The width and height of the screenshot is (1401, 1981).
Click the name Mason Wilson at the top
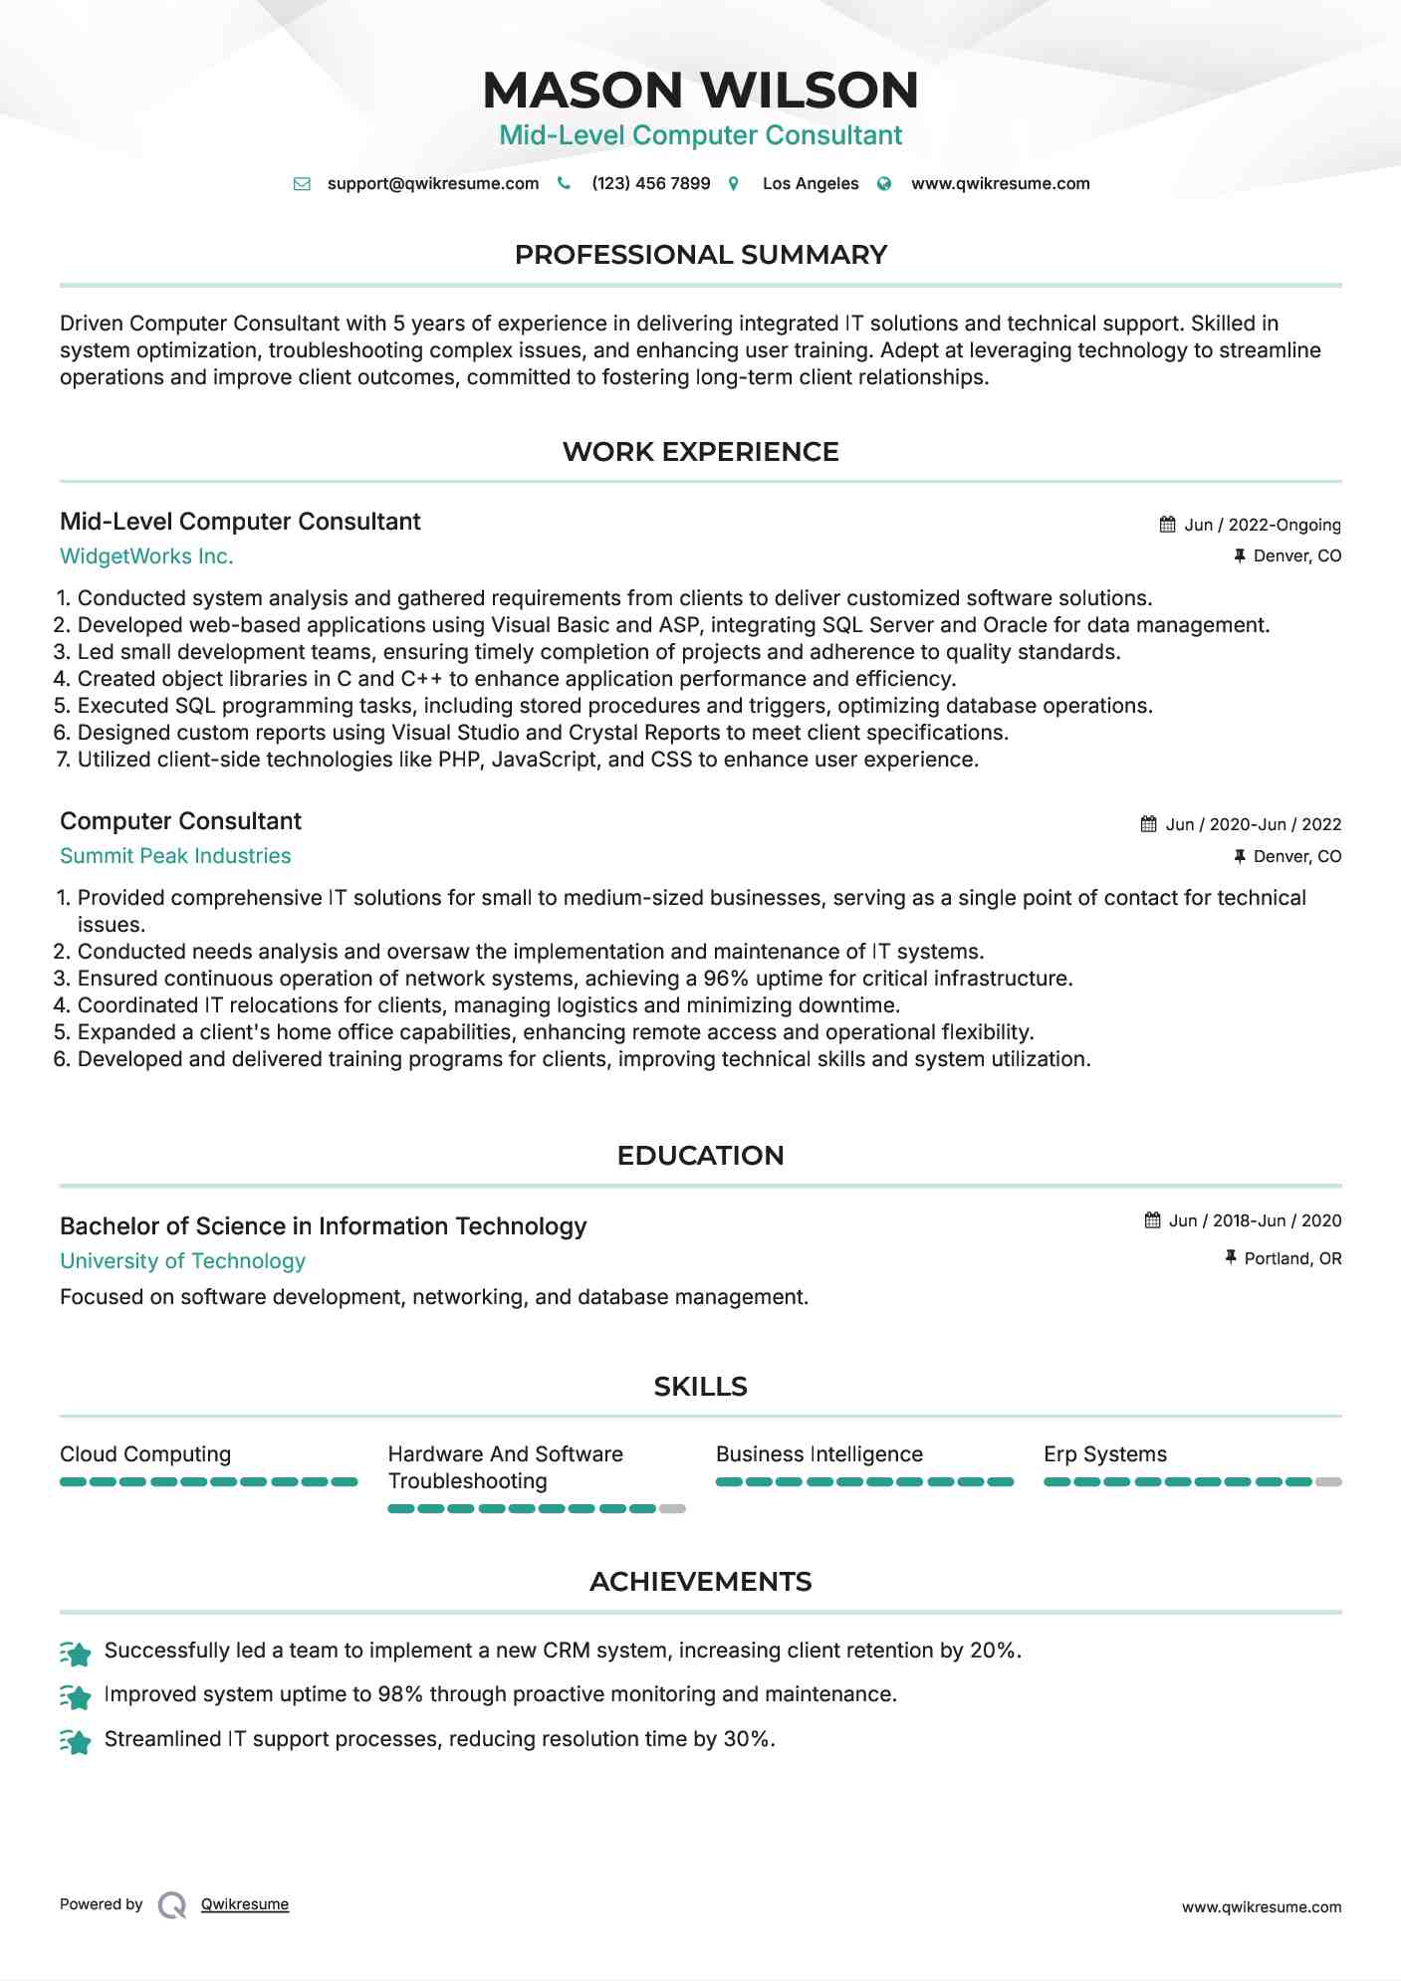pyautogui.click(x=700, y=90)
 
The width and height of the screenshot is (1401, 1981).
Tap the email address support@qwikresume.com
pyautogui.click(x=432, y=183)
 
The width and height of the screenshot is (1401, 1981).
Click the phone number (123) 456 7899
pyautogui.click(x=650, y=183)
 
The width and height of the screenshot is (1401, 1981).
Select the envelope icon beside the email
pyautogui.click(x=302, y=183)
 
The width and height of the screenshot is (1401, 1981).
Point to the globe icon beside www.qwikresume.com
pyautogui.click(x=884, y=183)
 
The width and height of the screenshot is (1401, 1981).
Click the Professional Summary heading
pyautogui.click(x=700, y=255)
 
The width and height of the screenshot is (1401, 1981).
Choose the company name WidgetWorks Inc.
pyautogui.click(x=146, y=556)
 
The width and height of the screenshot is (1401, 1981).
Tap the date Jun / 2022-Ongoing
pyautogui.click(x=1262, y=525)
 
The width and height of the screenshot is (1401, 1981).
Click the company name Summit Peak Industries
pyautogui.click(x=175, y=856)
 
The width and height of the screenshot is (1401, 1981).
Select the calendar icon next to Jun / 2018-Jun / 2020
pyautogui.click(x=1152, y=1220)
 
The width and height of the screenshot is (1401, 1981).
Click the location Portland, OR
pyautogui.click(x=1292, y=1258)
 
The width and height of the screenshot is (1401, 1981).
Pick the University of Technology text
pyautogui.click(x=182, y=1261)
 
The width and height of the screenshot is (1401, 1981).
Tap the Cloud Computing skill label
pyautogui.click(x=145, y=1454)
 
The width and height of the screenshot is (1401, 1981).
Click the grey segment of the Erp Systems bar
pyautogui.click(x=1328, y=1482)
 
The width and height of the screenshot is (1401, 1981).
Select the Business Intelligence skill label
pyautogui.click(x=818, y=1454)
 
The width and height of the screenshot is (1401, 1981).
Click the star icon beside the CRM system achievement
pyautogui.click(x=76, y=1652)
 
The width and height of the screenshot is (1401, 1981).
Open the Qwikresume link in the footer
pyautogui.click(x=245, y=1904)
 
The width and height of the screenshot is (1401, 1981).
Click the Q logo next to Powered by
pyautogui.click(x=172, y=1905)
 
